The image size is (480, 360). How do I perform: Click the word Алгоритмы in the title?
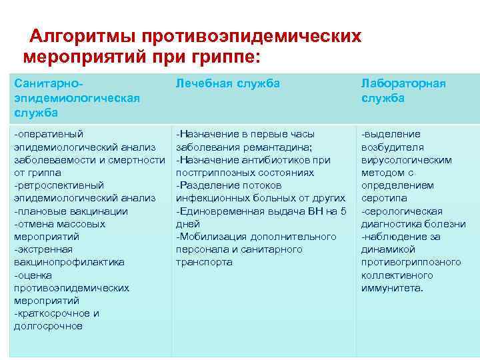[81, 35]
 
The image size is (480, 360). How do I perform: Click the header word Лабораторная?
[403, 83]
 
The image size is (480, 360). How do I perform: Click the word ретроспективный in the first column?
[60, 185]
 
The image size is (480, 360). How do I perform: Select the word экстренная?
[47, 249]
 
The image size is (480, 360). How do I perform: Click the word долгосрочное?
[48, 326]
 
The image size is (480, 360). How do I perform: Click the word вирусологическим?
[406, 160]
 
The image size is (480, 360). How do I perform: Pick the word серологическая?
[401, 211]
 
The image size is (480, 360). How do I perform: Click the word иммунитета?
[391, 287]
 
